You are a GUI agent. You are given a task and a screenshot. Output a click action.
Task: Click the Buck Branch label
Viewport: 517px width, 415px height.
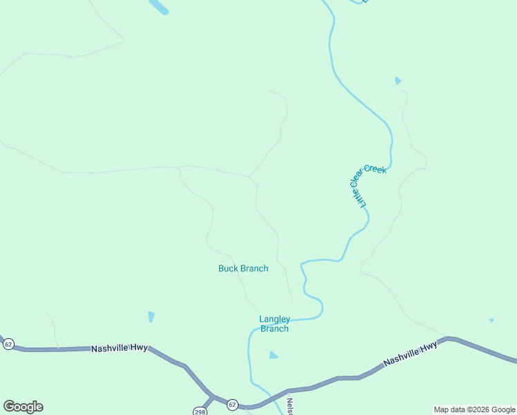243,268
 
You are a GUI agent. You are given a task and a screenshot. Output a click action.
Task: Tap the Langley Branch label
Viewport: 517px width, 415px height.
274,324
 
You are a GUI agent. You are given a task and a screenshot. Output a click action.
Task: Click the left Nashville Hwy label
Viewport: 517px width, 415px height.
120,349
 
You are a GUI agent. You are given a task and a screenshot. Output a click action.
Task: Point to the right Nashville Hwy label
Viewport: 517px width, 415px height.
411,353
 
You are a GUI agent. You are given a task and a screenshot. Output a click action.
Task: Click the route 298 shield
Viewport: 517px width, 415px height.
199,411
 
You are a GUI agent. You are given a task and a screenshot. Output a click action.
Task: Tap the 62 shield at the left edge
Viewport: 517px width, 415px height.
8,344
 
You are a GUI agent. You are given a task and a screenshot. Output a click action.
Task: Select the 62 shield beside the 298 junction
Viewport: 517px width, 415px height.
232,405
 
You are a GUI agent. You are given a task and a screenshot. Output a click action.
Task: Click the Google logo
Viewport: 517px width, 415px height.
23,407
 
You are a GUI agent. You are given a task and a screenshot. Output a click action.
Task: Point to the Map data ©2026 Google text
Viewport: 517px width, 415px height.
475,409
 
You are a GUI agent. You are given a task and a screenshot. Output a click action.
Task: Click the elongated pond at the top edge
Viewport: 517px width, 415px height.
158,6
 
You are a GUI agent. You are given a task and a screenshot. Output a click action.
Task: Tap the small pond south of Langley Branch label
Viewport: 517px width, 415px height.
273,356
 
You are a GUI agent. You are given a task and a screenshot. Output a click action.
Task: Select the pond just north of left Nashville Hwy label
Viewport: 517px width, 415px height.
151,317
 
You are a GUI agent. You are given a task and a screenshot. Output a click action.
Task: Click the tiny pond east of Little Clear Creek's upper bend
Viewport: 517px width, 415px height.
397,81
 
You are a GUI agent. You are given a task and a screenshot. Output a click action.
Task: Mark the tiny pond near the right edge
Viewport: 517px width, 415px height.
491,321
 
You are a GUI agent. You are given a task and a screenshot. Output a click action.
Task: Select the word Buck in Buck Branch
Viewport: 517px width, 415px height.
228,268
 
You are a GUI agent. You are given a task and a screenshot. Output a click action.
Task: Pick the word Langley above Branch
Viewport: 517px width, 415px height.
274,319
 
